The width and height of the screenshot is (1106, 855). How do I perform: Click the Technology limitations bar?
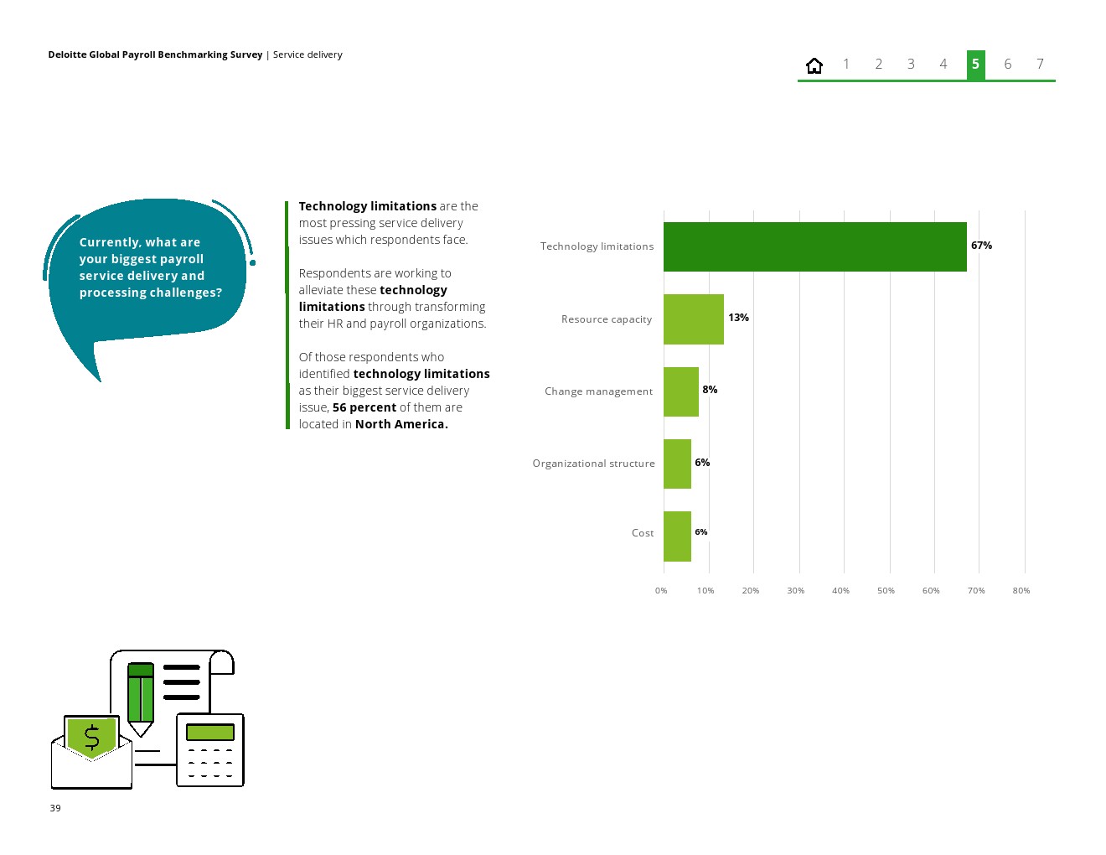click(814, 246)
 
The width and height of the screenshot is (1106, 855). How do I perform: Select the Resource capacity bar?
click(693, 319)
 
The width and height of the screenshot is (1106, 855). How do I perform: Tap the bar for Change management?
click(680, 391)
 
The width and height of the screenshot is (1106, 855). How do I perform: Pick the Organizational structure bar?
click(677, 464)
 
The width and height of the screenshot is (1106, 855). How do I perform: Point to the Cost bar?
click(677, 536)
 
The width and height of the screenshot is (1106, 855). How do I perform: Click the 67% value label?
click(981, 246)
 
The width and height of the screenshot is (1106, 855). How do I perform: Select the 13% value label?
click(738, 318)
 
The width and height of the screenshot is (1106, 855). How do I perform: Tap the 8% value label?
click(710, 390)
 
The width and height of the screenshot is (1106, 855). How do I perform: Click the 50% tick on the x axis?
click(886, 591)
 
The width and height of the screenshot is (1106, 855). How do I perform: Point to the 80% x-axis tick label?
click(1021, 591)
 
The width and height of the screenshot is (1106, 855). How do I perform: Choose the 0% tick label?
click(661, 591)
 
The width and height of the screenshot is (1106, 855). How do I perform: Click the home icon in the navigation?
click(814, 65)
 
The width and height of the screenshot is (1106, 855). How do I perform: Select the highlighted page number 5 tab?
click(975, 65)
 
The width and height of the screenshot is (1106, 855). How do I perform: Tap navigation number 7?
click(1040, 65)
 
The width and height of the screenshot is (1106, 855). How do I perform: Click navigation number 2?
click(878, 65)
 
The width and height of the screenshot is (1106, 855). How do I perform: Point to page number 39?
click(55, 808)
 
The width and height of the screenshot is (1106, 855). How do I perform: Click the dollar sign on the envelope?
click(91, 738)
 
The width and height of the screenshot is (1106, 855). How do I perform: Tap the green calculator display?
click(209, 732)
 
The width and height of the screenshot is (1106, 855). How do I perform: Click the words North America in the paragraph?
click(401, 424)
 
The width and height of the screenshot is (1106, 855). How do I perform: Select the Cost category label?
click(643, 533)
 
